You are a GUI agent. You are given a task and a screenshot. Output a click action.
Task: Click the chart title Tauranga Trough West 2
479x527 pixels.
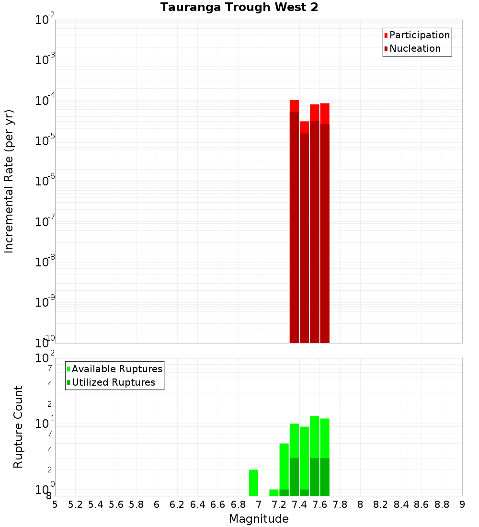click(239, 7)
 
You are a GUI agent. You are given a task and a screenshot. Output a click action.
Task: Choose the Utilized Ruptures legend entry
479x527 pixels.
click(113, 382)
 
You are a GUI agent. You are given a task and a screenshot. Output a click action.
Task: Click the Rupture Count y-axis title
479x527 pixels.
click(18, 427)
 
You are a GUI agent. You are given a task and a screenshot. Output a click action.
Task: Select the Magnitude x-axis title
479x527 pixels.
click(259, 519)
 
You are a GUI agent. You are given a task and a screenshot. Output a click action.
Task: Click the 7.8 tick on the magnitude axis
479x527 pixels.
click(340, 504)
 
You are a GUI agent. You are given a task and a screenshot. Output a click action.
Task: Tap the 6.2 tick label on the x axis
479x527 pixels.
click(177, 504)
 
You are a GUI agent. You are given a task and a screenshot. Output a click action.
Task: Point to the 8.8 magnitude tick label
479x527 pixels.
click(442, 504)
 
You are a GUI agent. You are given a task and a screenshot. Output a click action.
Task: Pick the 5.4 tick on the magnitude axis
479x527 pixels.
click(96, 504)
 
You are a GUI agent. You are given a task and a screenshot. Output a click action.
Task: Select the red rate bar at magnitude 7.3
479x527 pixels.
click(294, 220)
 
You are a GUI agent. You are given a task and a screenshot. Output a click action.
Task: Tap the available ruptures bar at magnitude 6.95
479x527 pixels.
click(253, 482)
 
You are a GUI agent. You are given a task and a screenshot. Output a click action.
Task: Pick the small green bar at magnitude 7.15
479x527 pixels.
click(274, 493)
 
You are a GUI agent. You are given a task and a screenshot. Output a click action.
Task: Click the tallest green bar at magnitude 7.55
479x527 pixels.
click(315, 455)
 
